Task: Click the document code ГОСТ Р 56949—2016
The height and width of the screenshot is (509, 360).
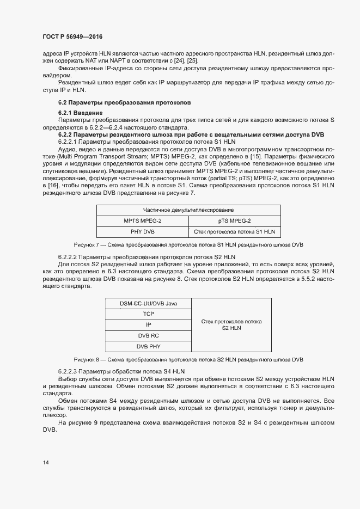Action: pyautogui.click(x=72, y=37)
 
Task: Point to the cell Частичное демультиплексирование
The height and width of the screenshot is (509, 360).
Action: pyautogui.click(x=188, y=210)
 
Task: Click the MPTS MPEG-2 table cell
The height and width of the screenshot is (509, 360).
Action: pyautogui.click(x=143, y=220)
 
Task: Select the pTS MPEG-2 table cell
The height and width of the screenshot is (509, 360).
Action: pyautogui.click(x=234, y=220)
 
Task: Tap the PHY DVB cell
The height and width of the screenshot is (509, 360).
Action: pyautogui.click(x=143, y=231)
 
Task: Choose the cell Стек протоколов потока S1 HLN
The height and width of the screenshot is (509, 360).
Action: pyautogui.click(x=234, y=231)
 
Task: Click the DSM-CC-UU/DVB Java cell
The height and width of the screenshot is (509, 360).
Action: pyautogui.click(x=148, y=303)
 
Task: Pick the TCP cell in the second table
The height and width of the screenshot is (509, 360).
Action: pyautogui.click(x=148, y=314)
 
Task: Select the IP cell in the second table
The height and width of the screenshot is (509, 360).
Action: pyautogui.click(x=148, y=324)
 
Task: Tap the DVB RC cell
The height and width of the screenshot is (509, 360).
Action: pyautogui.click(x=148, y=335)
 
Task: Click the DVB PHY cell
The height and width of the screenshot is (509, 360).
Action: pyautogui.click(x=148, y=346)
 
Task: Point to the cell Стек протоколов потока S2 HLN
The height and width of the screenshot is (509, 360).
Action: pyautogui.click(x=231, y=325)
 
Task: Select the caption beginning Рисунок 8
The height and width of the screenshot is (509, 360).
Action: pyautogui.click(x=188, y=360)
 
